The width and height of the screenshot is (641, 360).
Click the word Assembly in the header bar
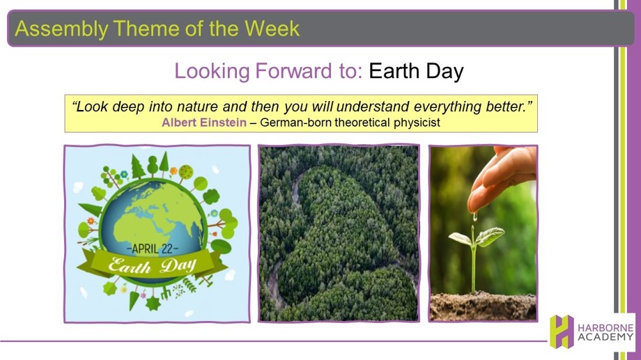(x=62, y=29)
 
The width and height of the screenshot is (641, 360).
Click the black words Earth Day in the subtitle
(x=416, y=72)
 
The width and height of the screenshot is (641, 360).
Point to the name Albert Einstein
(x=204, y=123)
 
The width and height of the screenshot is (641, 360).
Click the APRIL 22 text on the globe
(x=153, y=249)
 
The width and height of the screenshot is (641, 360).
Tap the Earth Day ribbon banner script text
(x=152, y=266)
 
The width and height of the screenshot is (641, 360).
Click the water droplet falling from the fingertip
(x=475, y=216)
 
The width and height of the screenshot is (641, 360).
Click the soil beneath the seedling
(x=483, y=306)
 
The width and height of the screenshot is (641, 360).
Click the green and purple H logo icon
(x=562, y=331)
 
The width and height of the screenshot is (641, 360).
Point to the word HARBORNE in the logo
(x=605, y=328)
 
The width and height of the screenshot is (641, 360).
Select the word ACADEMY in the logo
(x=605, y=337)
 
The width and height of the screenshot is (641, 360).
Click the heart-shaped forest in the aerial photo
(x=340, y=237)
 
